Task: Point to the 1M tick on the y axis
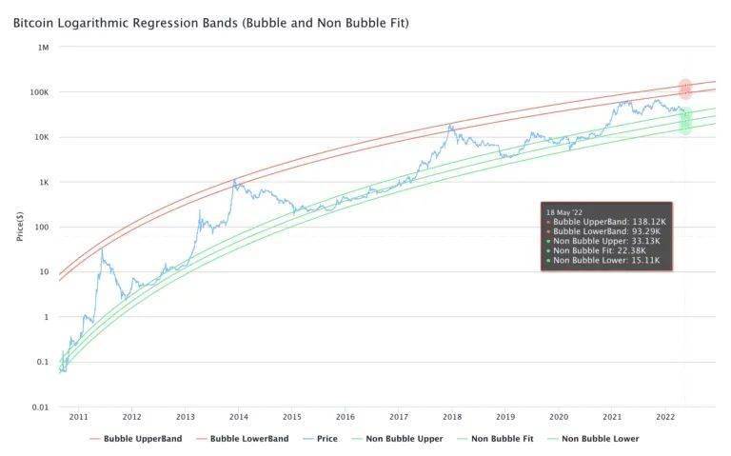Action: click(43, 47)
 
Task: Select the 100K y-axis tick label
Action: click(39, 92)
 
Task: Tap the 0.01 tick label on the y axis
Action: click(39, 407)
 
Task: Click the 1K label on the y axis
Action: click(43, 182)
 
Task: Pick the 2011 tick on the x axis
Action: click(78, 417)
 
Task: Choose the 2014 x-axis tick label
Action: click(239, 417)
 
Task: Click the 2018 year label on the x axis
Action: click(452, 417)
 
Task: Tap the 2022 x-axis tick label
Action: click(666, 417)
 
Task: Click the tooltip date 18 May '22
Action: click(566, 209)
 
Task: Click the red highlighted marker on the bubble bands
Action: click(685, 90)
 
